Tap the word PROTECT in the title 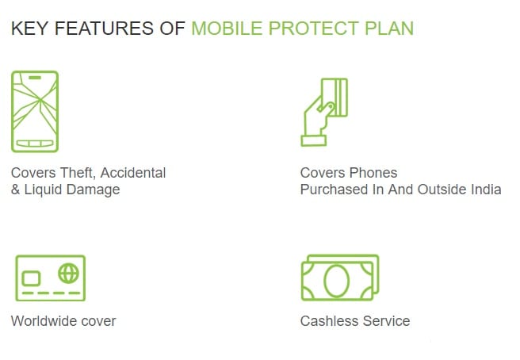coord(313,29)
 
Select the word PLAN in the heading coord(389,29)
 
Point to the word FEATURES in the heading coord(104,29)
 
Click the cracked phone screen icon coord(35,112)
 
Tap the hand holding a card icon coord(324,112)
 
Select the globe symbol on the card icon coord(69,274)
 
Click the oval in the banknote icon coord(336,281)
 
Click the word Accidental coord(133,173)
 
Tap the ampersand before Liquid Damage coord(15,190)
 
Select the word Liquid coord(43,190)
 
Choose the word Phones coord(373,173)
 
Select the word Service coord(386,321)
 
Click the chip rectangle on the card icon coord(31,278)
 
